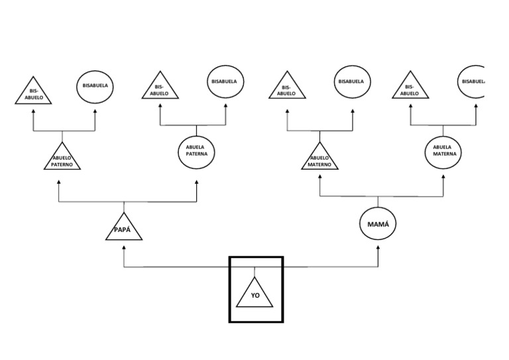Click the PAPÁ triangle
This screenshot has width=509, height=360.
click(x=124, y=229)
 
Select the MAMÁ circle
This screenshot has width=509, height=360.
click(x=378, y=225)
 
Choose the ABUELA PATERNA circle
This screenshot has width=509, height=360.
click(x=197, y=150)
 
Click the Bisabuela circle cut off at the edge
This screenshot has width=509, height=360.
click(x=473, y=82)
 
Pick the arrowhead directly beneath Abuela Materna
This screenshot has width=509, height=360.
click(x=445, y=178)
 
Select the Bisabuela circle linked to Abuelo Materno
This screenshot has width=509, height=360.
click(x=351, y=82)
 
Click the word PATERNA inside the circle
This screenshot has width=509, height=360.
click(x=197, y=154)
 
